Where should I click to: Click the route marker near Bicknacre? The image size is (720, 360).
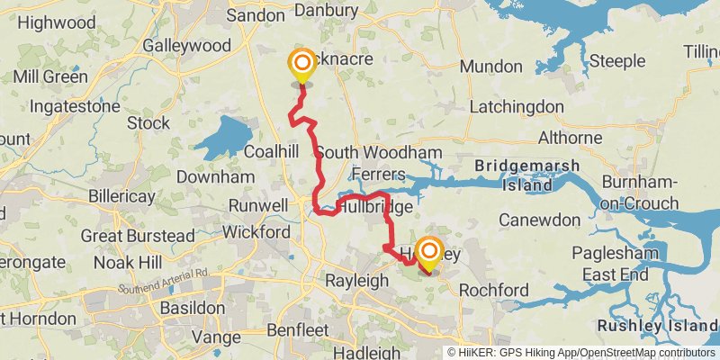click(301, 65)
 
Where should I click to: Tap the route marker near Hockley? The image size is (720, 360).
click(429, 252)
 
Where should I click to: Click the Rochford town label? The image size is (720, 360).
click(493, 291)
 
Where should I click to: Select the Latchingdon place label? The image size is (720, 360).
click(517, 108)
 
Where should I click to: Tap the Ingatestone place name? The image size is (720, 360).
click(74, 107)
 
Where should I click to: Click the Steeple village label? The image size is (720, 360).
click(617, 61)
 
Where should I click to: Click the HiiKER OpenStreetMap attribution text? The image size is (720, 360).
click(581, 352)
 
